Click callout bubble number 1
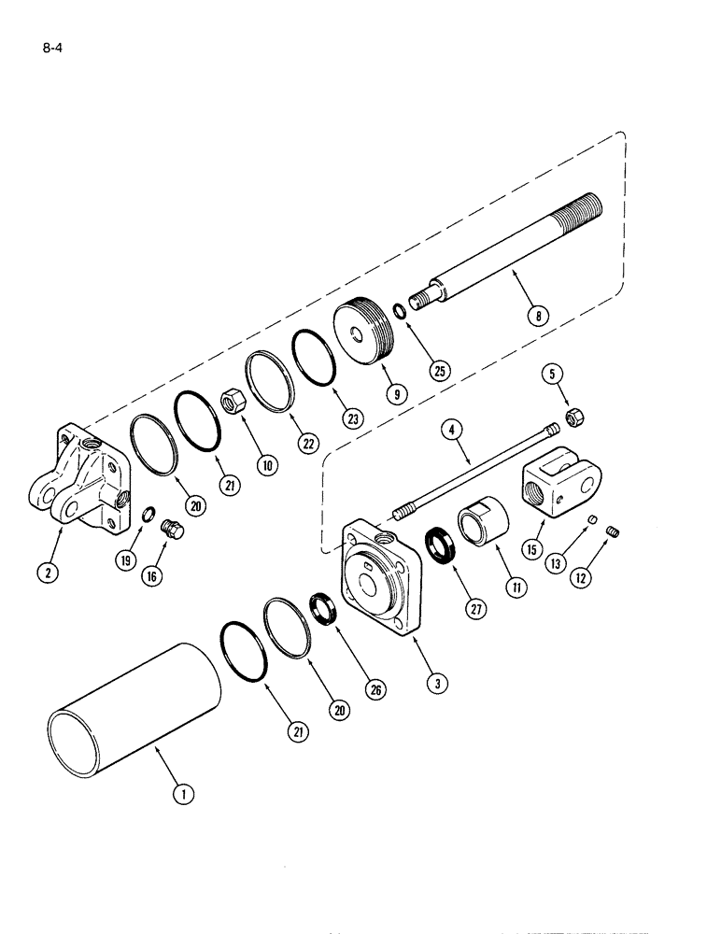tap(185, 795)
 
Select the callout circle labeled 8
tap(536, 316)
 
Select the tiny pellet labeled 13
tap(591, 520)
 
